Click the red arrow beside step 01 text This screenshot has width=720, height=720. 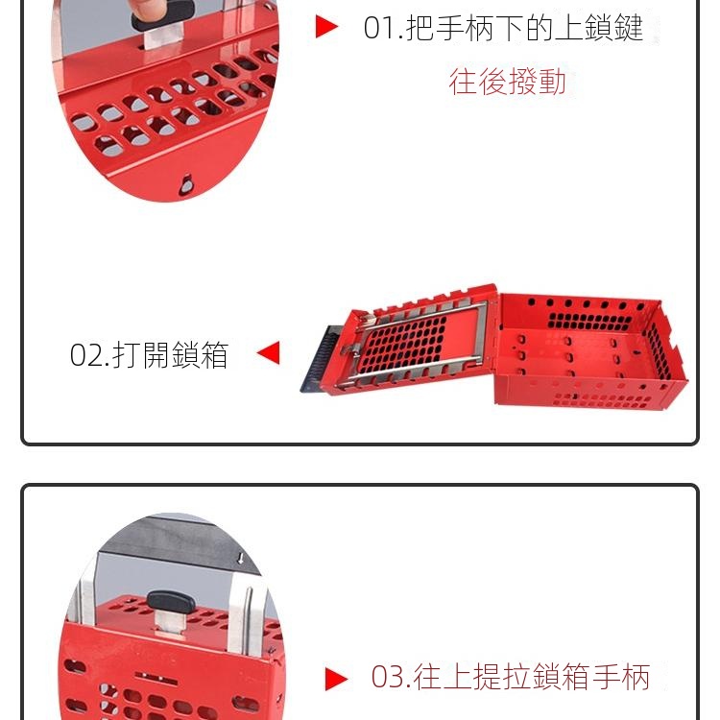click(326, 27)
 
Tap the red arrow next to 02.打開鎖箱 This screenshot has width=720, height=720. click(269, 352)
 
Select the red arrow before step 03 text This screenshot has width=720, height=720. click(336, 679)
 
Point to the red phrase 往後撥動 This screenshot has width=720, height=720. click(508, 82)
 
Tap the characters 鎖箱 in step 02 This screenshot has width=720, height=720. click(201, 355)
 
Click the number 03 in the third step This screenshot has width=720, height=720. click(387, 678)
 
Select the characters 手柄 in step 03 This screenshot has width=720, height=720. click(621, 677)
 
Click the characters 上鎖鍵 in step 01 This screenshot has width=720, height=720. click(599, 28)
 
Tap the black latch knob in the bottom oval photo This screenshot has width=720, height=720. click(169, 602)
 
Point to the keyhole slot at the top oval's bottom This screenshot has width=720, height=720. click(186, 184)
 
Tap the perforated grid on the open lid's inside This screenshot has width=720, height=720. click(402, 344)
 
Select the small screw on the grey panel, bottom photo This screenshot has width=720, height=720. click(240, 559)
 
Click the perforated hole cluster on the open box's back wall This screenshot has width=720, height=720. click(589, 321)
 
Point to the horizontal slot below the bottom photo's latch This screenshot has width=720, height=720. click(156, 678)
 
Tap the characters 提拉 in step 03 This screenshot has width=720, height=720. click(503, 677)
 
